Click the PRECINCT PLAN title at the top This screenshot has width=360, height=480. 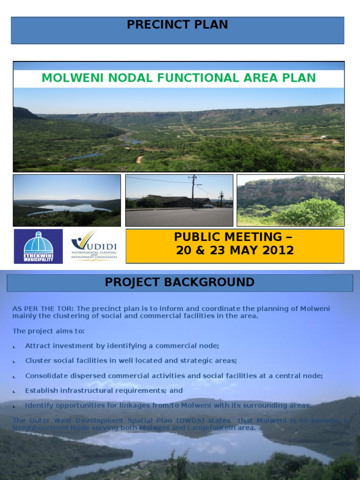click(x=177, y=25)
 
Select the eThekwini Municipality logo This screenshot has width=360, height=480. click(x=38, y=247)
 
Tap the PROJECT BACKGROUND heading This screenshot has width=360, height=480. click(x=180, y=282)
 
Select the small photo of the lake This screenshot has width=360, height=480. click(x=67, y=201)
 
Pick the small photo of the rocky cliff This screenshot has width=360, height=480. click(x=290, y=201)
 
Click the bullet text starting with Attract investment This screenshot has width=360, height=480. click(x=122, y=346)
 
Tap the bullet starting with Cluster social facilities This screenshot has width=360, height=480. click(x=131, y=360)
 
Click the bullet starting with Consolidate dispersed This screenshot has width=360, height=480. click(x=174, y=375)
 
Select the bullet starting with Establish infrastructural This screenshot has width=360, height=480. click(x=104, y=390)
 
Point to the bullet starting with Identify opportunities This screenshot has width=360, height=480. click(x=168, y=405)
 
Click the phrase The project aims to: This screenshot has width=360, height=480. click(x=48, y=331)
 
